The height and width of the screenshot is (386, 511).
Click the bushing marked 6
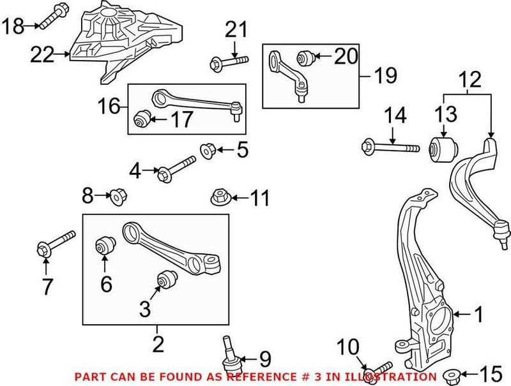[105, 246]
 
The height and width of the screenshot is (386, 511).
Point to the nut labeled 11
[218, 197]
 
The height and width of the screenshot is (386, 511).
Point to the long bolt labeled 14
[390, 147]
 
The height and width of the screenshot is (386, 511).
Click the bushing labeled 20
[304, 59]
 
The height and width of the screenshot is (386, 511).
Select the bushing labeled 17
[141, 119]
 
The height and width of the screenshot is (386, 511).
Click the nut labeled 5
[207, 151]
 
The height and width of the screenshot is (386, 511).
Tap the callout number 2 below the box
[157, 344]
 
